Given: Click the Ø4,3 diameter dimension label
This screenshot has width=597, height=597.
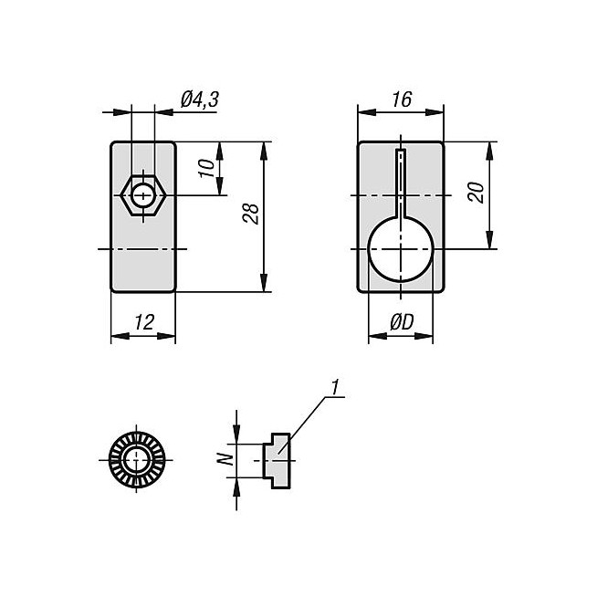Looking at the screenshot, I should pos(199,100).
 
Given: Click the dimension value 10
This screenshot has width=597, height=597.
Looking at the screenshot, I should pos(207,168).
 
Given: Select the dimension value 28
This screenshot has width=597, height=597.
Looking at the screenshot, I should pos(253,214).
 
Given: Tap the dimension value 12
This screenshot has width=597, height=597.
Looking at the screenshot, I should pos(142,321).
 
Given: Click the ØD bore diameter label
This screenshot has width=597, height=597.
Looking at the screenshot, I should pos(402,321).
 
